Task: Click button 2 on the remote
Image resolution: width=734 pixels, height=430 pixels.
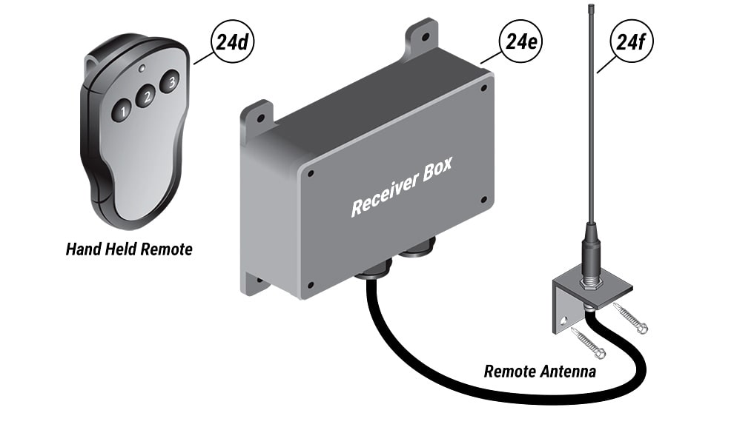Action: coord(146,96)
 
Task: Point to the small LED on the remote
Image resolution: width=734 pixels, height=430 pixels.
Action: coord(141,67)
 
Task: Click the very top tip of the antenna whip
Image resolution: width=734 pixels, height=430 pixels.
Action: coord(588,6)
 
